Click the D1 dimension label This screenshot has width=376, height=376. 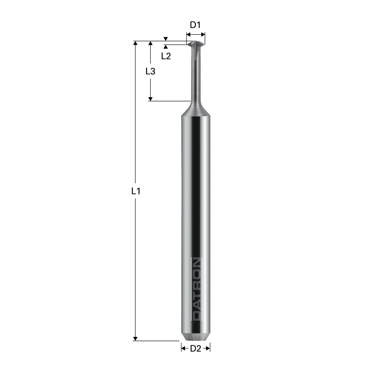tap(195, 25)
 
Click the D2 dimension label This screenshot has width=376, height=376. tap(195, 349)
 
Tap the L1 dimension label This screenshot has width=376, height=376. tap(136, 191)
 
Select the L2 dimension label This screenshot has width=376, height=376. tap(166, 56)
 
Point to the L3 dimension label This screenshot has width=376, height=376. tap(150, 71)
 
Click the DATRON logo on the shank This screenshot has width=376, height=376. tap(197, 289)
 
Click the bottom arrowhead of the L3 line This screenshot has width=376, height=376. tap(150, 99)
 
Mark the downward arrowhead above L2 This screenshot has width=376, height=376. tap(166, 39)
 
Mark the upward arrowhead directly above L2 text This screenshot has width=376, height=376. tap(166, 47)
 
